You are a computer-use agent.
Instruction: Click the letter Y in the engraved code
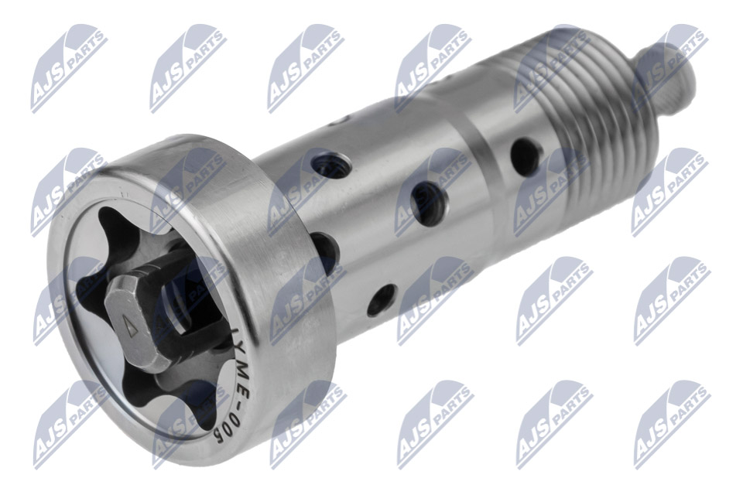pyautogui.click(x=241, y=350)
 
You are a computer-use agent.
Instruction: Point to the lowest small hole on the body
pyautogui.click(x=381, y=299)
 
